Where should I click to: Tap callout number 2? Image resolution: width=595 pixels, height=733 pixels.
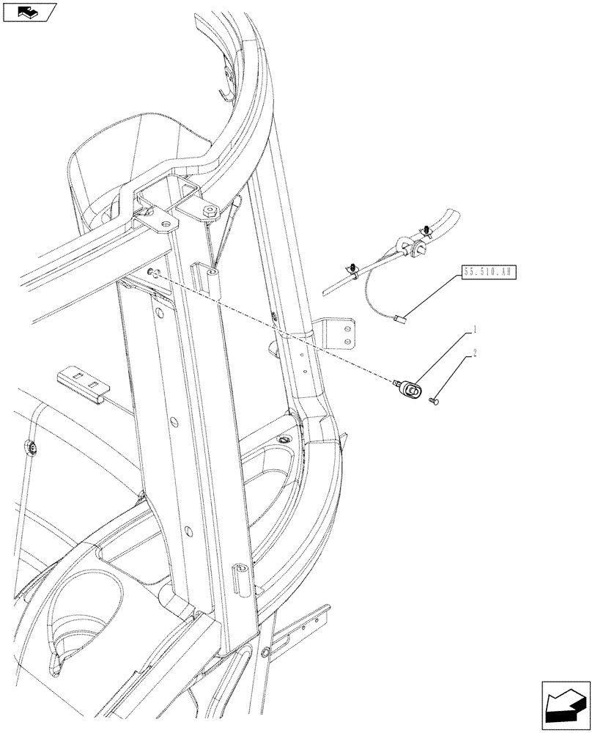coord(475,354)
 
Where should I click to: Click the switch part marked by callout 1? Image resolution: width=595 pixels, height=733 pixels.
coord(409,388)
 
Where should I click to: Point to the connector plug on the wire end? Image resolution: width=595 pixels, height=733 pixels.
coord(400,318)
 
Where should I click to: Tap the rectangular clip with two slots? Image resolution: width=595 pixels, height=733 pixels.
coord(81,381)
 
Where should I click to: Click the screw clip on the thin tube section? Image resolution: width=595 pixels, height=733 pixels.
coord(353,270)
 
